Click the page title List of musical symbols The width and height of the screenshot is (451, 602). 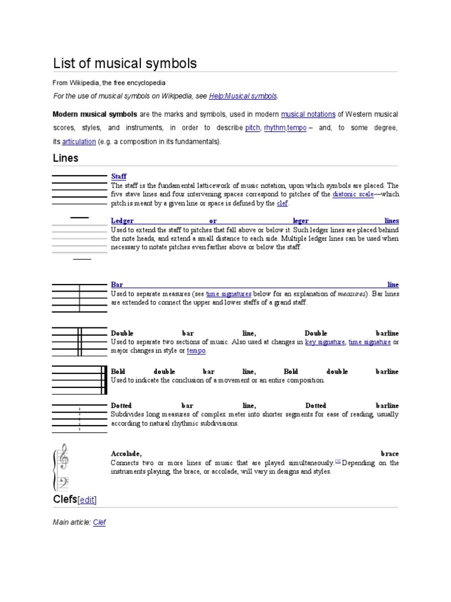pos(124,63)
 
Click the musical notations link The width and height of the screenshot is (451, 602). pos(308,114)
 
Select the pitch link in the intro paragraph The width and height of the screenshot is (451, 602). pos(252,128)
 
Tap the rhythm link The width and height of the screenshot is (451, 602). pos(274,128)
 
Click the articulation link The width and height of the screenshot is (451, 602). pos(79,142)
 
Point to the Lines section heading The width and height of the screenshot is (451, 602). pos(66,158)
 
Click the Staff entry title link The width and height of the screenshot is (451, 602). pos(119,176)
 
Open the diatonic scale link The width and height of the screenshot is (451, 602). pos(352,194)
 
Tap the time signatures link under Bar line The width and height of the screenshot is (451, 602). pos(228,293)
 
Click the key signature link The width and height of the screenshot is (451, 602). pos(325,342)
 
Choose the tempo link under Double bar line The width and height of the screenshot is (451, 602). pos(196,351)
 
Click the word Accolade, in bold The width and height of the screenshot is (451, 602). pos(126,454)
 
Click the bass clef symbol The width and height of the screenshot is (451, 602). pos(62,482)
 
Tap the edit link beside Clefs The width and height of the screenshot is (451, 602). pos(87,500)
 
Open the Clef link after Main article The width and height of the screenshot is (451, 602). pos(99,522)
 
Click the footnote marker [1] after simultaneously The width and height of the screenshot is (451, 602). pos(338,461)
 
